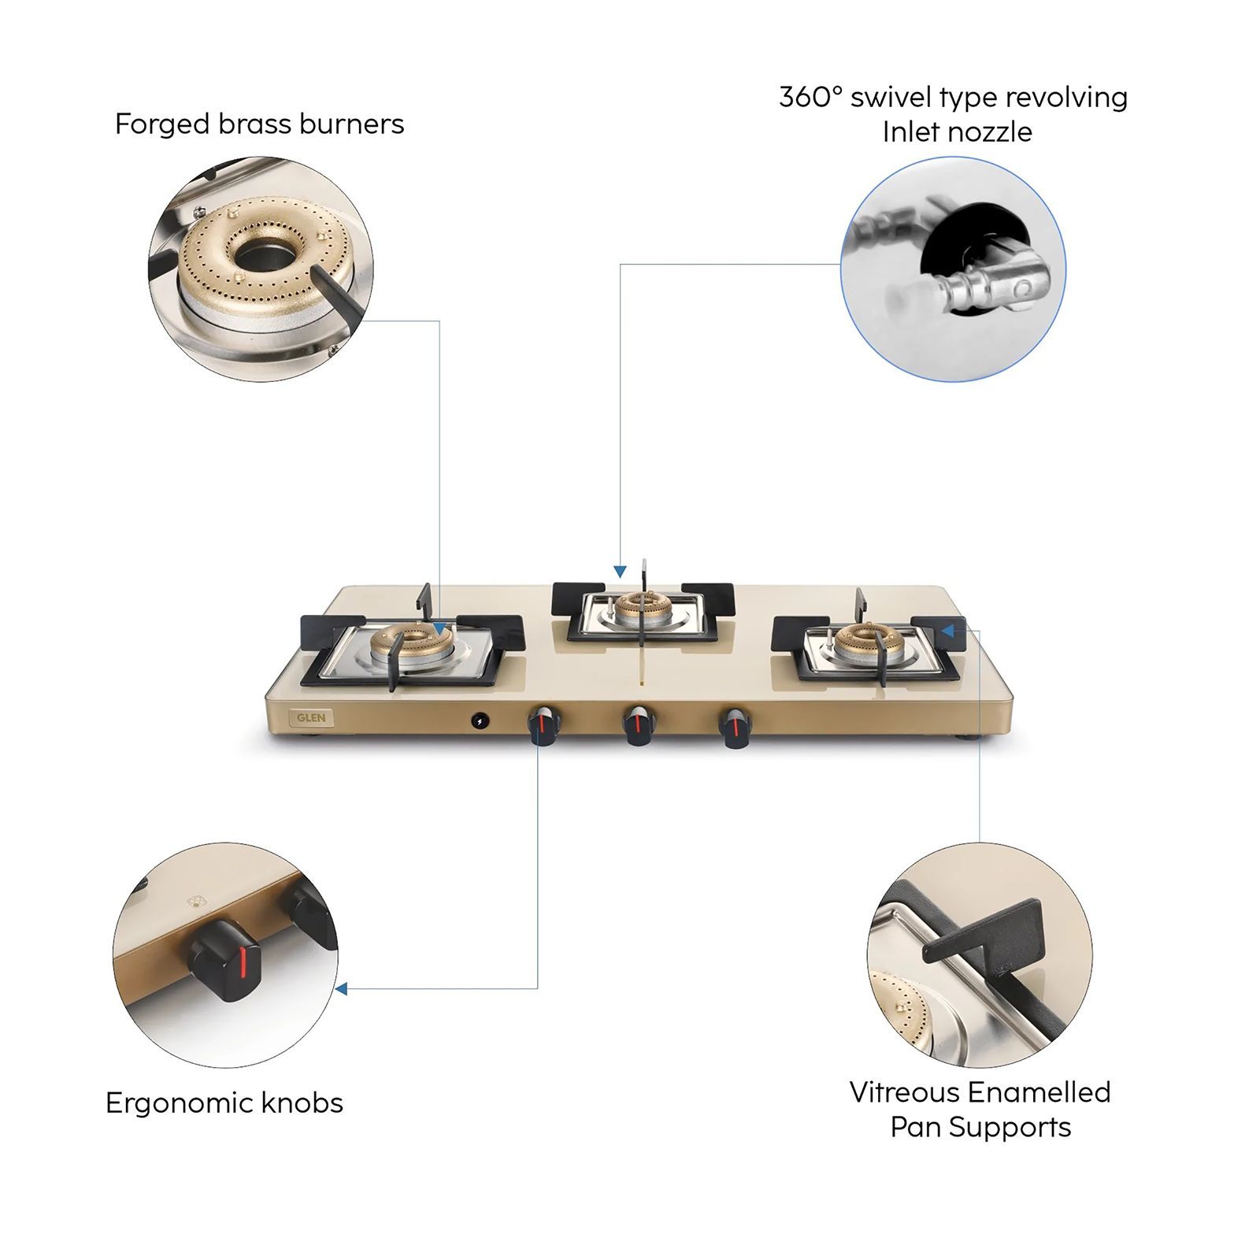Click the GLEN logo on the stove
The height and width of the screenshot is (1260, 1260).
tap(311, 717)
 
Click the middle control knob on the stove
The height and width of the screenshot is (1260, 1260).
tap(639, 724)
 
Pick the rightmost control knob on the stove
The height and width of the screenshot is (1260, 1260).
tap(736, 726)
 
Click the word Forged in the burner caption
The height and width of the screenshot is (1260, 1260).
tap(161, 124)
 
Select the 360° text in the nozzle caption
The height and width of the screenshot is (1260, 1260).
tap(810, 98)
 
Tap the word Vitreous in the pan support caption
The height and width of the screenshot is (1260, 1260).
tap(904, 1092)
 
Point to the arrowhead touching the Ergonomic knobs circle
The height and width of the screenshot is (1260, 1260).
tap(342, 988)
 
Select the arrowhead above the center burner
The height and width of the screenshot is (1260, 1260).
tap(621, 571)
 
